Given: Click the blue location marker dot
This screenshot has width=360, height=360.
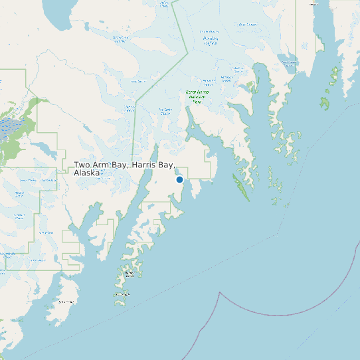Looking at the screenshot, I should click(x=179, y=179).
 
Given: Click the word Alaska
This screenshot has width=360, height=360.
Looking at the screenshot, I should click(x=86, y=173).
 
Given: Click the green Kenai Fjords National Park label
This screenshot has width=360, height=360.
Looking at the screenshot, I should click(x=197, y=96).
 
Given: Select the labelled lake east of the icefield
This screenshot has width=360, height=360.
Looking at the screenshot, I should click(x=288, y=62).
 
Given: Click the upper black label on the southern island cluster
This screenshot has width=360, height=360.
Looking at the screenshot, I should click(x=130, y=274).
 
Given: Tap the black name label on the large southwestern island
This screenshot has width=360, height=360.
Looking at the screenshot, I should click(x=64, y=302).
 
